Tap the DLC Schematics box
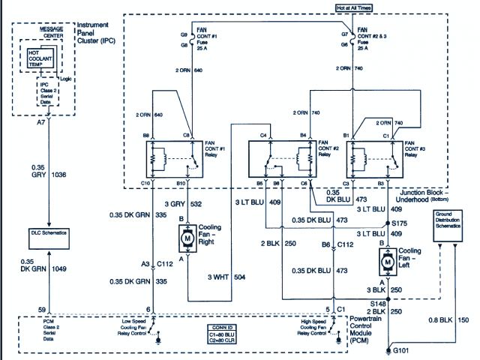pos(49,233)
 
